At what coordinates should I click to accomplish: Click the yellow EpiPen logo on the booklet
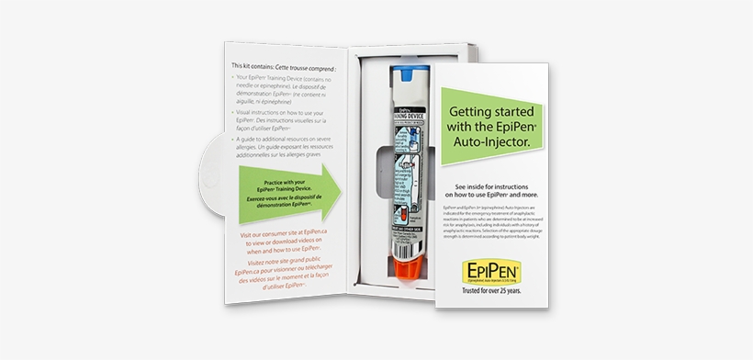[495, 273]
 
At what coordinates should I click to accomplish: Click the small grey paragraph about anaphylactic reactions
[496, 227]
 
